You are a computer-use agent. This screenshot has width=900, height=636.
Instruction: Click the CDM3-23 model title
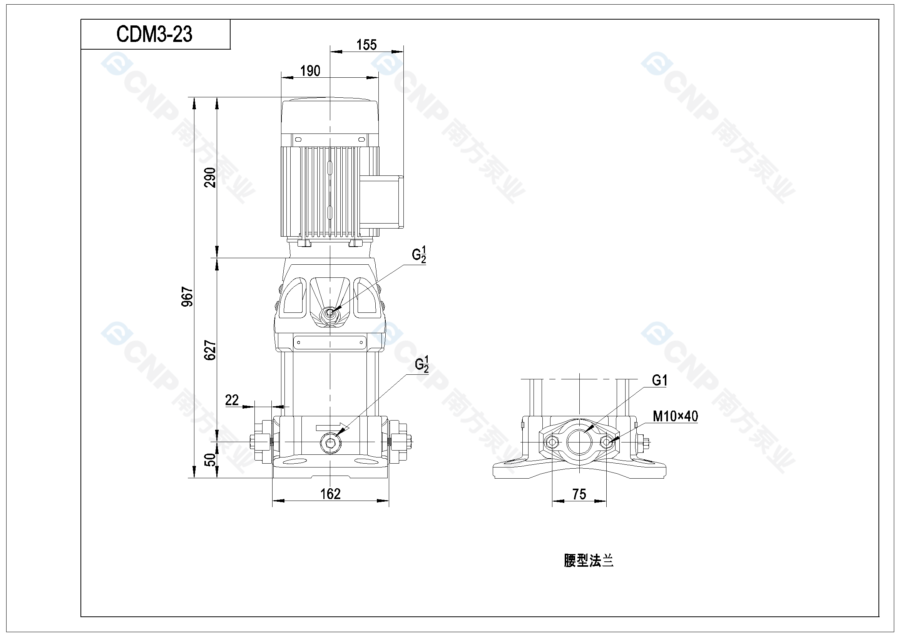click(154, 34)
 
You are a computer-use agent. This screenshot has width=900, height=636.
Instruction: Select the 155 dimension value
click(366, 45)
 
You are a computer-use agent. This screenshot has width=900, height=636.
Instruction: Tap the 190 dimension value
click(310, 71)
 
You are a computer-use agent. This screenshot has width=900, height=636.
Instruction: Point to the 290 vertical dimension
click(211, 177)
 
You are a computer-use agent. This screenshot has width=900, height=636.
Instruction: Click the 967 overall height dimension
click(187, 297)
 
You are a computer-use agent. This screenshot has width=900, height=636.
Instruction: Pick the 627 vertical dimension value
click(210, 350)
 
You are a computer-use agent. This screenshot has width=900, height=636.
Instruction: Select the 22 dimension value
click(232, 400)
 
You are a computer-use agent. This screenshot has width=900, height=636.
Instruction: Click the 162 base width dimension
click(330, 494)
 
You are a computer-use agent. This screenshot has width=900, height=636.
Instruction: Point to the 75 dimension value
click(579, 494)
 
